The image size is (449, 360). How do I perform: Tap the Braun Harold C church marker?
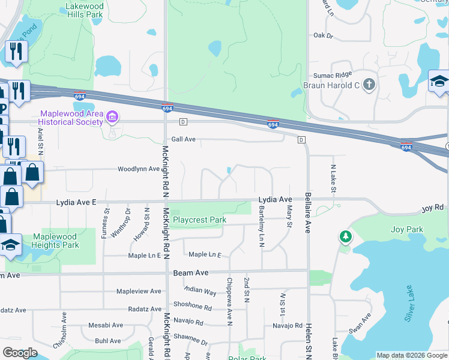[x=369, y=85]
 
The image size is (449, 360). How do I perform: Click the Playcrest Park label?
[x=199, y=220]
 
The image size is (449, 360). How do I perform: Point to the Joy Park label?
[x=406, y=229]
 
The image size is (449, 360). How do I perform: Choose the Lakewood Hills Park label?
[x=83, y=10]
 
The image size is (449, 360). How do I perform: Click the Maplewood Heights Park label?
[x=56, y=241]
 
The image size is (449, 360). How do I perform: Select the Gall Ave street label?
[x=184, y=139]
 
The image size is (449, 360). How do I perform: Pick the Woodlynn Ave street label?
[x=139, y=169]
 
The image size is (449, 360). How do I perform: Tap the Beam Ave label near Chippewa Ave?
[x=191, y=273]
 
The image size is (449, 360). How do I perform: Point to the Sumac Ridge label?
[x=333, y=75]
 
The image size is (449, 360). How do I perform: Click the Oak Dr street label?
[x=322, y=35]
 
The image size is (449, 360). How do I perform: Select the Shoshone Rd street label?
[x=192, y=305]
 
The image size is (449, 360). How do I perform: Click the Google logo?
[x=20, y=353]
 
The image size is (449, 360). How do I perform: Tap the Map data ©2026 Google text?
[x=411, y=355]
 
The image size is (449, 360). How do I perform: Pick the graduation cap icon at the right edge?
[x=439, y=82]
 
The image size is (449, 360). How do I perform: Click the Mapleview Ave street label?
[x=139, y=291]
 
